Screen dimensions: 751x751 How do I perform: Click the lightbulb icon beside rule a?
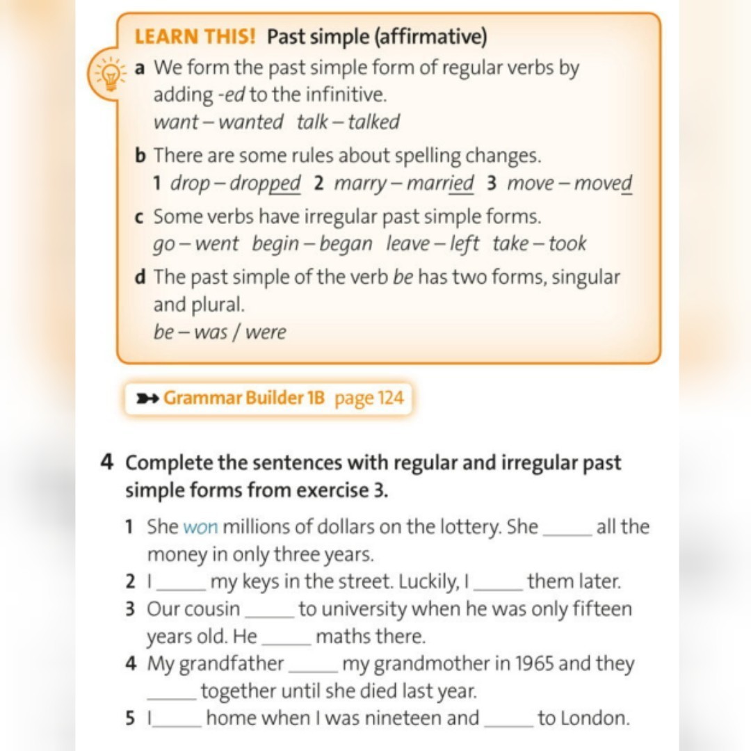point(108,74)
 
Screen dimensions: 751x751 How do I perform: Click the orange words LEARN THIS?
point(195,37)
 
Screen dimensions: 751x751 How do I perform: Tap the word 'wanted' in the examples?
point(251,122)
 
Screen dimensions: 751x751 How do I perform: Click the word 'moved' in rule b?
point(603,184)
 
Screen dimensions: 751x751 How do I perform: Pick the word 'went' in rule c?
point(216,244)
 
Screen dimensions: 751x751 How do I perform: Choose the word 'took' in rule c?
point(567,244)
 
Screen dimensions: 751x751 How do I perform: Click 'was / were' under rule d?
point(240,332)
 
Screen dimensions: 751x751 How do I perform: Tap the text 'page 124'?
point(369,399)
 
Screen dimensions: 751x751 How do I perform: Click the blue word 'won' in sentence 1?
point(201,527)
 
